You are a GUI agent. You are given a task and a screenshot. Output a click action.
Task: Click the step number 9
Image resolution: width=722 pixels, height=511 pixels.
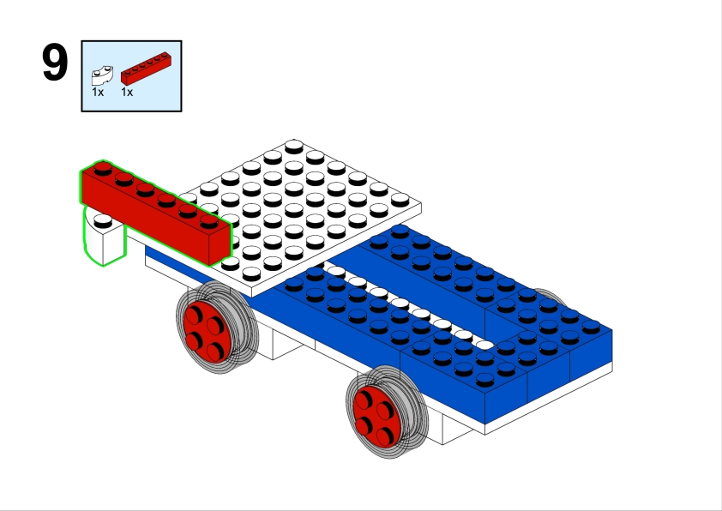coord(55,63)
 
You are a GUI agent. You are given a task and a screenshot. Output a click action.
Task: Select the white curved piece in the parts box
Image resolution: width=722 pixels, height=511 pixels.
coord(102,76)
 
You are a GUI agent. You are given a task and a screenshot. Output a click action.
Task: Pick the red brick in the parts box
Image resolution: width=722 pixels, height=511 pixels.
coord(146,69)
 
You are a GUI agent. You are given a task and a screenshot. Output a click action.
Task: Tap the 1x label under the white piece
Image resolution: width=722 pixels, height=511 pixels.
coord(98,92)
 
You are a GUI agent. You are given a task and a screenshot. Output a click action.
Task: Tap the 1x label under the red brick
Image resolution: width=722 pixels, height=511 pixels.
coord(127,92)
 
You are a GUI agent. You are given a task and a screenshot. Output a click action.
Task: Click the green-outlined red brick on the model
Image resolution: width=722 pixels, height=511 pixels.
coord(156,213)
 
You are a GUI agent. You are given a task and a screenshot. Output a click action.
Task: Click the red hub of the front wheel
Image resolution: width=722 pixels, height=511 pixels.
coord(207,332)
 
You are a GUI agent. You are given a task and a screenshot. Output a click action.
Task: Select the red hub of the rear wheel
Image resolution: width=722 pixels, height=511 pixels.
coord(376,416)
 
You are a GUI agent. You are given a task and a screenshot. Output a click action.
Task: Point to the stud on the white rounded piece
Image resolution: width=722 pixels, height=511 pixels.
coord(103,221)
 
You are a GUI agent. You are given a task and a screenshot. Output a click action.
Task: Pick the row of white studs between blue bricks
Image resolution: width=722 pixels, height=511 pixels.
coord(409,306)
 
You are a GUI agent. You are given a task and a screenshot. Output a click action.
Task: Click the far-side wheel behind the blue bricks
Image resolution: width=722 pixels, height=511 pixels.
coord(552,296)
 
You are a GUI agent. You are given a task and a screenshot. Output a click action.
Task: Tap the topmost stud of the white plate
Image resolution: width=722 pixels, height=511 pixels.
coord(294,147)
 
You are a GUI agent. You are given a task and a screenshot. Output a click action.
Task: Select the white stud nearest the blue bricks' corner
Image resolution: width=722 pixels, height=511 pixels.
coord(484,345)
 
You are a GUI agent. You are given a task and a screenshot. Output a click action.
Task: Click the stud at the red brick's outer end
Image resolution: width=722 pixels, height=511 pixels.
coord(103,169)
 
